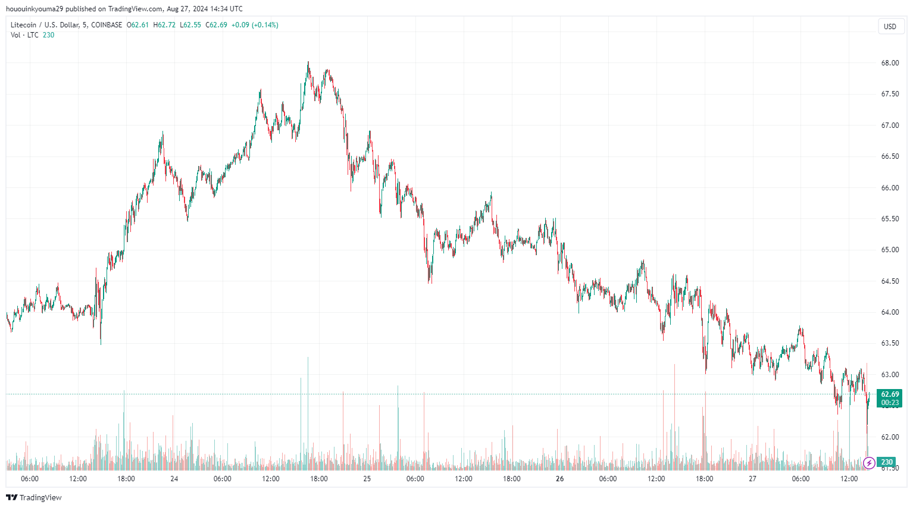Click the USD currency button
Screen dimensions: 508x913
coord(890,26)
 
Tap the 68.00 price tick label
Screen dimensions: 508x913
coord(890,63)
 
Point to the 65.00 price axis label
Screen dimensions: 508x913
coord(890,250)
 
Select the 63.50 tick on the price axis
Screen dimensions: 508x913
coord(890,343)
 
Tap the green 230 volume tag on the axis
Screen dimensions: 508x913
coord(887,462)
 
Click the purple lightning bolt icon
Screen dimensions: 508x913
coord(869,463)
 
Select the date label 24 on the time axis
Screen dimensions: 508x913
coord(174,479)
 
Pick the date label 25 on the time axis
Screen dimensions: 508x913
coord(367,479)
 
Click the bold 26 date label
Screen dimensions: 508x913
coord(559,479)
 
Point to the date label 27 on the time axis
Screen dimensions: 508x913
coord(752,479)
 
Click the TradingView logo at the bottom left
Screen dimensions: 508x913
coord(34,497)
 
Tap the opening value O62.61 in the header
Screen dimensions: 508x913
coord(137,25)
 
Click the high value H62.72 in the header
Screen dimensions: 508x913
coord(164,25)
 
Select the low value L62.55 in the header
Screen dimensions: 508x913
coord(190,25)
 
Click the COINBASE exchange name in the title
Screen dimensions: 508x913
coord(107,25)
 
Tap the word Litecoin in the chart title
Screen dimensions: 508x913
coord(23,25)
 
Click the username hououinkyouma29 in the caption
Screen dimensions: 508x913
coord(35,9)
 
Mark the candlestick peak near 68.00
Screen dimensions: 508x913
coord(308,62)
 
